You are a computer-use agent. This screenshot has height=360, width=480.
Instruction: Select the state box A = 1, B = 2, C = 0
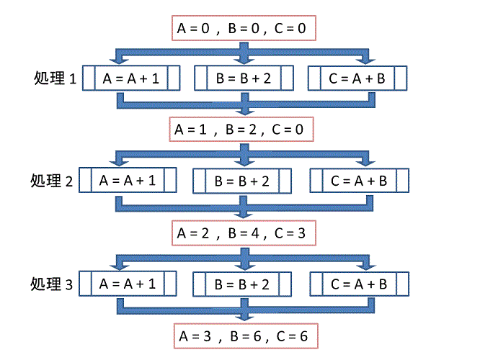pos(242,130)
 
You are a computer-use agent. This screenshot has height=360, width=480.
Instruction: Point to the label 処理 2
pos(52,181)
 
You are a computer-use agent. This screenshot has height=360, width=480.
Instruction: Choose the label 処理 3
pos(52,284)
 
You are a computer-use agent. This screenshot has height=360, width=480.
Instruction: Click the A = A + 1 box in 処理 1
pos(130,78)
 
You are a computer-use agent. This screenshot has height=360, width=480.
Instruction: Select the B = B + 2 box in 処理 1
pos(244,78)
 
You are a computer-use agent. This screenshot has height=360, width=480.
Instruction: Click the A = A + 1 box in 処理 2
pos(128,181)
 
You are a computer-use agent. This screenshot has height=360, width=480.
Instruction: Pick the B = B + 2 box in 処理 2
pos(242,181)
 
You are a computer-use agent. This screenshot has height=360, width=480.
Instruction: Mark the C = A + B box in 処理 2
pos(359,181)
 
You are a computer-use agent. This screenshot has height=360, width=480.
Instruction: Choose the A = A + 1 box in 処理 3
pos(128,283)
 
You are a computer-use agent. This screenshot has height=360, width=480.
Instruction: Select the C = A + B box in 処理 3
pos(359,283)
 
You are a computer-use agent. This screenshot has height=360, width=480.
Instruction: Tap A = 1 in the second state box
pos(190,130)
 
